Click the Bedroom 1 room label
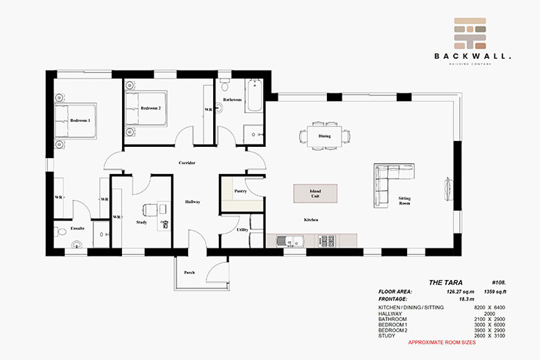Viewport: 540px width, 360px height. pyautogui.click(x=79, y=120)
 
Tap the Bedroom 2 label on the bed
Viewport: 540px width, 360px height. pyautogui.click(x=151, y=109)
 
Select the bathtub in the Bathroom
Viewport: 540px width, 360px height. pyautogui.click(x=253, y=96)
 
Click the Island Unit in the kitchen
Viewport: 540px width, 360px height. pyautogui.click(x=314, y=194)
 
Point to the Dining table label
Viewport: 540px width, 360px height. pyautogui.click(x=324, y=137)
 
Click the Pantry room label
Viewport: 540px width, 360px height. pyautogui.click(x=240, y=191)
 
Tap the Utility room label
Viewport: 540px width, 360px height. pyautogui.click(x=242, y=230)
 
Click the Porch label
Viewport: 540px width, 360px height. pyautogui.click(x=190, y=273)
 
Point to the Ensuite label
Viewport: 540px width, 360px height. pyautogui.click(x=78, y=228)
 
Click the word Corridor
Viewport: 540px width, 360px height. pyautogui.click(x=187, y=162)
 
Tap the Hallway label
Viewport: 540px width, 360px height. pyautogui.click(x=192, y=202)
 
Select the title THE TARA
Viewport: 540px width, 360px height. pyautogui.click(x=444, y=282)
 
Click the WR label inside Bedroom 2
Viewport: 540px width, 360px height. pyautogui.click(x=208, y=109)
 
